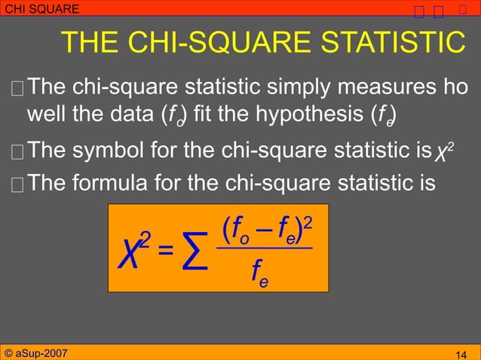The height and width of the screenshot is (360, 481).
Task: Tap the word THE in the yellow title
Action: coord(87,43)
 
